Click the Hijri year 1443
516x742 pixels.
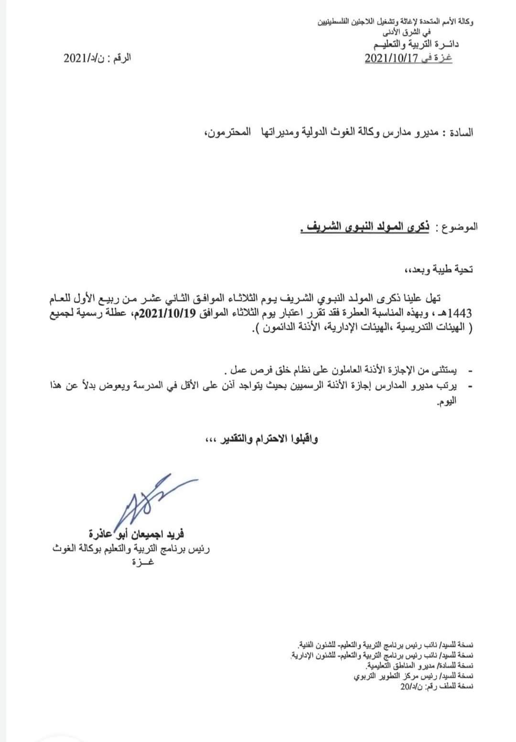[461, 314]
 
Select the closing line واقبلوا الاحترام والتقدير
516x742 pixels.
[258, 439]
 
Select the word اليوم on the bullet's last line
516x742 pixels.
[446, 402]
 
